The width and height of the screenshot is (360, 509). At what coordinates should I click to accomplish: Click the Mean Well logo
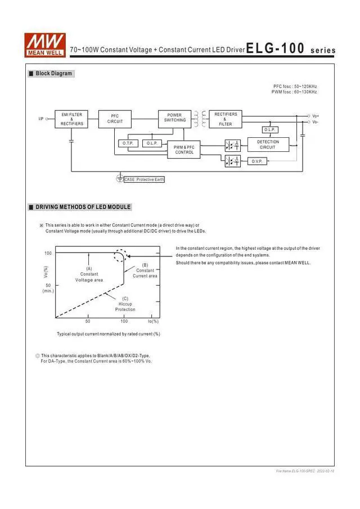pyautogui.click(x=45, y=43)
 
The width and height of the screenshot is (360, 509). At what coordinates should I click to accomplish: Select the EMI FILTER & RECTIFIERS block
pyautogui.click(x=71, y=119)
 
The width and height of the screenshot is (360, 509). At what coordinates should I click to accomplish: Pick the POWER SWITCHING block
pyautogui.click(x=175, y=118)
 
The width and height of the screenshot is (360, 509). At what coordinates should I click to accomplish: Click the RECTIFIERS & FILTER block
pyautogui.click(x=226, y=119)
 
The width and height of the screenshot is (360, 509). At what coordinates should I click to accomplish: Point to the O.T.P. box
pyautogui.click(x=128, y=143)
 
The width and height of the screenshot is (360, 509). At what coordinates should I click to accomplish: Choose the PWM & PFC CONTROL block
pyautogui.click(x=183, y=150)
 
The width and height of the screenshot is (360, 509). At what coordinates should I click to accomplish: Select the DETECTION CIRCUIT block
pyautogui.click(x=268, y=145)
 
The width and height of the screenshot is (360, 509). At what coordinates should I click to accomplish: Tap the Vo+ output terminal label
pyautogui.click(x=315, y=115)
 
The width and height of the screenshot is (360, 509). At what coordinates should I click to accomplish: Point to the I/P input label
pyautogui.click(x=41, y=119)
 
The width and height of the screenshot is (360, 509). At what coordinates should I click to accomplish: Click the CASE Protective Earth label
pyautogui.click(x=144, y=179)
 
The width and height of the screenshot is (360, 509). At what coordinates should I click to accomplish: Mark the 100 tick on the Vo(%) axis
pyautogui.click(x=48, y=253)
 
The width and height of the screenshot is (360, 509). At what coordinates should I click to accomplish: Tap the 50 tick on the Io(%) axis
pyautogui.click(x=88, y=321)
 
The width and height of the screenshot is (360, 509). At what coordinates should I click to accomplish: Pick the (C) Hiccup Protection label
pyautogui.click(x=125, y=304)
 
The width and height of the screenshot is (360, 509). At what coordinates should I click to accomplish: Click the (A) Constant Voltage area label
pyautogui.click(x=89, y=274)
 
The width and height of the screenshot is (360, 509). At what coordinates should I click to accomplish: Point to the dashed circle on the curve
pyautogui.click(x=120, y=256)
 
